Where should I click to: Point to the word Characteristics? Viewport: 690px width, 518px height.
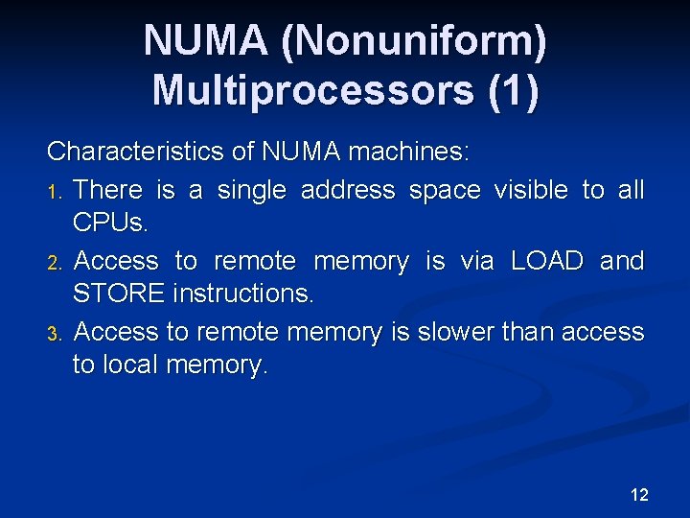(136, 152)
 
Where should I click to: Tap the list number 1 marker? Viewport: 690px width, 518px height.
(57, 192)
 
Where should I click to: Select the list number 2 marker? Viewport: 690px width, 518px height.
(57, 262)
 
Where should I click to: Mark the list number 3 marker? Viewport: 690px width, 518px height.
(57, 333)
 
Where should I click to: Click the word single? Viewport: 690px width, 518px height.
(252, 191)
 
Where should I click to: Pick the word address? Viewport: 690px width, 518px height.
(348, 191)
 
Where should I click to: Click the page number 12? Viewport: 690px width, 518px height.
(639, 495)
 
